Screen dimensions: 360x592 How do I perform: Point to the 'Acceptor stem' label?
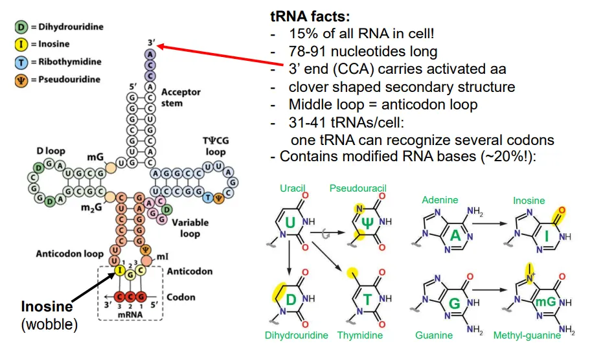(x=181, y=97)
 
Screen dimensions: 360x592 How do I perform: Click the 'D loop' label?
(x=51, y=151)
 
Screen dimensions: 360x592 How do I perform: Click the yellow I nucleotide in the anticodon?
(x=119, y=270)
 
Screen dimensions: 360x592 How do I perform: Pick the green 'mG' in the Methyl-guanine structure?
(x=546, y=302)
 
